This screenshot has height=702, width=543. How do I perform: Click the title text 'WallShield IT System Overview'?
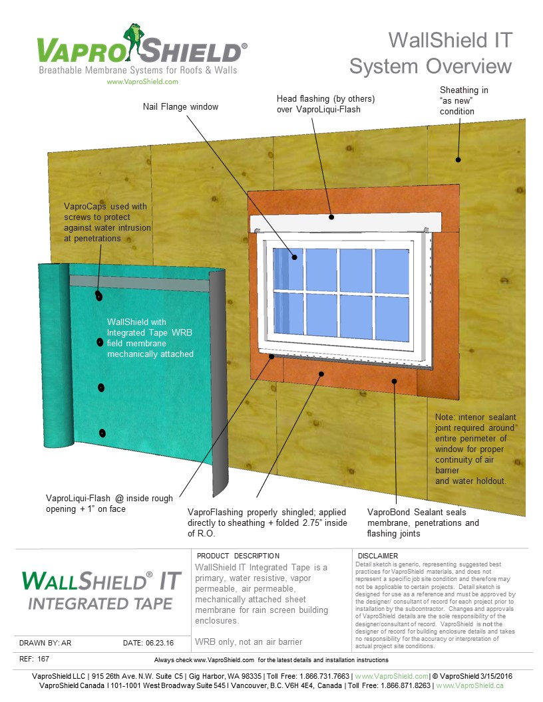click(431, 53)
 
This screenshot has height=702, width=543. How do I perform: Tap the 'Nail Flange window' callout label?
click(180, 106)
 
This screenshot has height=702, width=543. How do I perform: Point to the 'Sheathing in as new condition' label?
click(464, 100)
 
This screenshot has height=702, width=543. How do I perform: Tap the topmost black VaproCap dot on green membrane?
click(98, 295)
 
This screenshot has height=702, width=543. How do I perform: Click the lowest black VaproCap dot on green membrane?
click(102, 433)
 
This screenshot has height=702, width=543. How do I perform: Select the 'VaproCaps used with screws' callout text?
click(106, 222)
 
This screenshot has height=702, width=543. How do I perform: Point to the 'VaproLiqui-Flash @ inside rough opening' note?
click(109, 503)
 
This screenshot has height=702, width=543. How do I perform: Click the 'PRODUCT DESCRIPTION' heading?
click(238, 556)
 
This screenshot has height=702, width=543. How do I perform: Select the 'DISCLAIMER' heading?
click(378, 556)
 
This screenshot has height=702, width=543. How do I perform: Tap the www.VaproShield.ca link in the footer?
click(470, 685)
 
